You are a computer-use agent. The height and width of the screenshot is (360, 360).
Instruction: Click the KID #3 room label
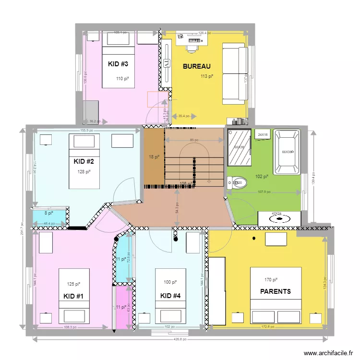click(118, 64)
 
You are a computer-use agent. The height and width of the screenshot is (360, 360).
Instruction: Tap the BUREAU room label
click(196, 67)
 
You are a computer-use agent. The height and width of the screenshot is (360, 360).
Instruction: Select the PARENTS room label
click(275, 291)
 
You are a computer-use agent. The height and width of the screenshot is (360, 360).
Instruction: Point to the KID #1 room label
click(73, 296)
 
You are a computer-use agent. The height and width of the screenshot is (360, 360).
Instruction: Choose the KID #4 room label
click(170, 295)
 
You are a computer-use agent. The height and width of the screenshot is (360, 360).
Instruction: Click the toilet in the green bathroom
click(238, 182)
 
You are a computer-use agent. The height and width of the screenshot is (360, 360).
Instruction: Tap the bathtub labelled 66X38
click(287, 152)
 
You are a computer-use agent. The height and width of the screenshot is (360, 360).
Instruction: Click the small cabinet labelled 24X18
click(263, 135)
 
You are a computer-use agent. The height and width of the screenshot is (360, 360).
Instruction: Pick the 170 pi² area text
click(271, 280)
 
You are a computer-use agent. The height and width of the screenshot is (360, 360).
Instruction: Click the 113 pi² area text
click(207, 76)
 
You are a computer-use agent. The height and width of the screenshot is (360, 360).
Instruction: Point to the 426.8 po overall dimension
click(180, 339)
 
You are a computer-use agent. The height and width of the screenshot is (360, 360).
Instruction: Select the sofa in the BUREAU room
click(235, 74)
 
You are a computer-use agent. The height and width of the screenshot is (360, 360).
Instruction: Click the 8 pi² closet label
click(49, 214)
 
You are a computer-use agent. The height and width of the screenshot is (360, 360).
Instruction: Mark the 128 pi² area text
click(84, 171)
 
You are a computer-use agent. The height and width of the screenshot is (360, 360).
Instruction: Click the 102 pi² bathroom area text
click(262, 177)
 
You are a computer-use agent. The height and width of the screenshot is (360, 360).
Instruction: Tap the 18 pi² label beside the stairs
click(154, 157)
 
